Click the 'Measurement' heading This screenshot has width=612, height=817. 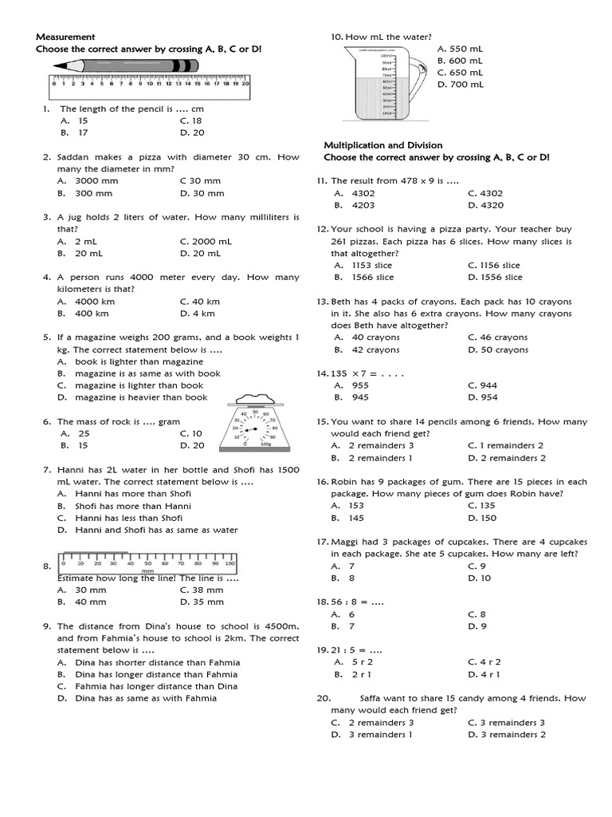click(65, 37)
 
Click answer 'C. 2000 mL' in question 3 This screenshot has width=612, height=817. click(206, 241)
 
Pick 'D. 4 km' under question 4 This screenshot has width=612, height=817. click(197, 314)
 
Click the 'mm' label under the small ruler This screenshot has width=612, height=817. click(147, 571)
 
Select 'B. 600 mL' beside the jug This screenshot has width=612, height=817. click(460, 61)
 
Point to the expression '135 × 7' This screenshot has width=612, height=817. click(351, 373)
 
